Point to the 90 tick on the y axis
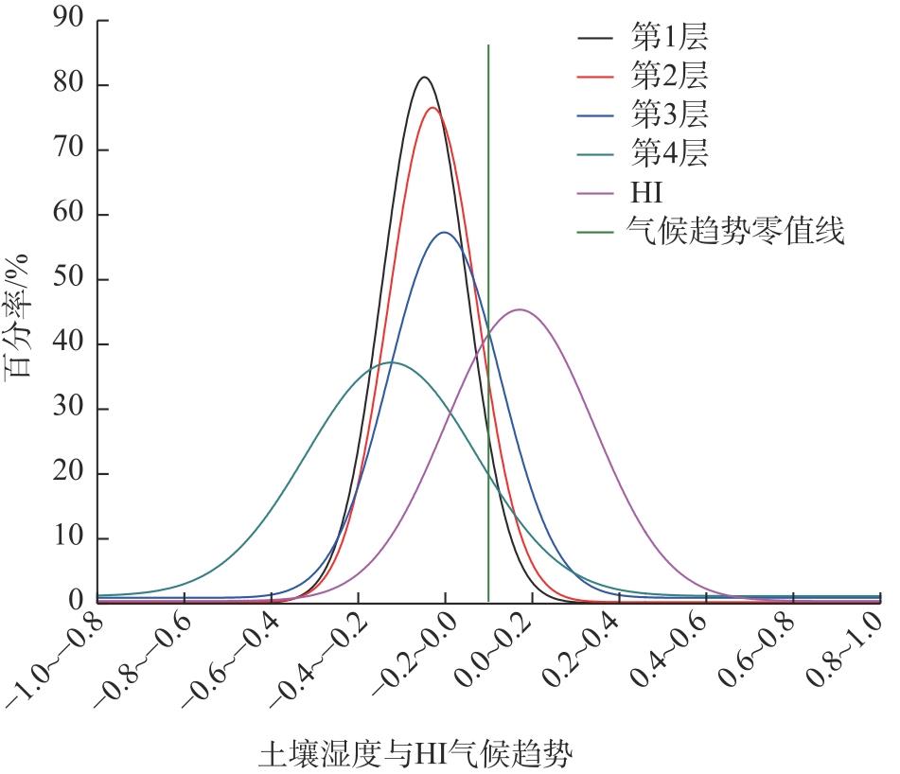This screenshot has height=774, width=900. tap(69, 20)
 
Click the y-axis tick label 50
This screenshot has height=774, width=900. tap(69, 279)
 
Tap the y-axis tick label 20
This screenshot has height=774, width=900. tap(69, 473)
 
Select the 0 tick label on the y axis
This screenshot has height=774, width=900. tap(77, 602)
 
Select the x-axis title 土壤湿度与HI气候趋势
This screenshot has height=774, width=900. tap(416, 755)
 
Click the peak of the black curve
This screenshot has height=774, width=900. tap(424, 78)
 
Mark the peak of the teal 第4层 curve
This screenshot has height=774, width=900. tap(391, 362)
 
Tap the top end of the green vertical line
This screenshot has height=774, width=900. tap(488, 45)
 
